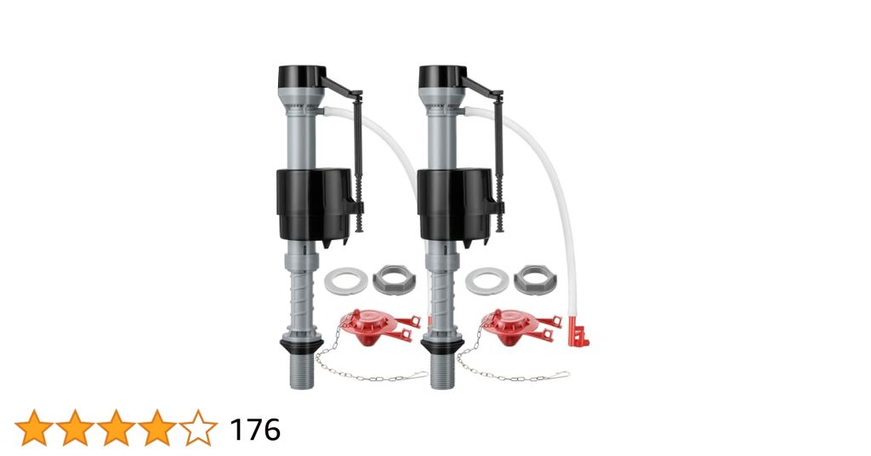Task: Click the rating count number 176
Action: pos(255,430)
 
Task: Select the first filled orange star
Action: pos(34,429)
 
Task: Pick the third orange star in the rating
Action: pos(116,429)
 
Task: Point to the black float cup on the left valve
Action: pos(310,204)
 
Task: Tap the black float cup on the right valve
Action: pos(453,204)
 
